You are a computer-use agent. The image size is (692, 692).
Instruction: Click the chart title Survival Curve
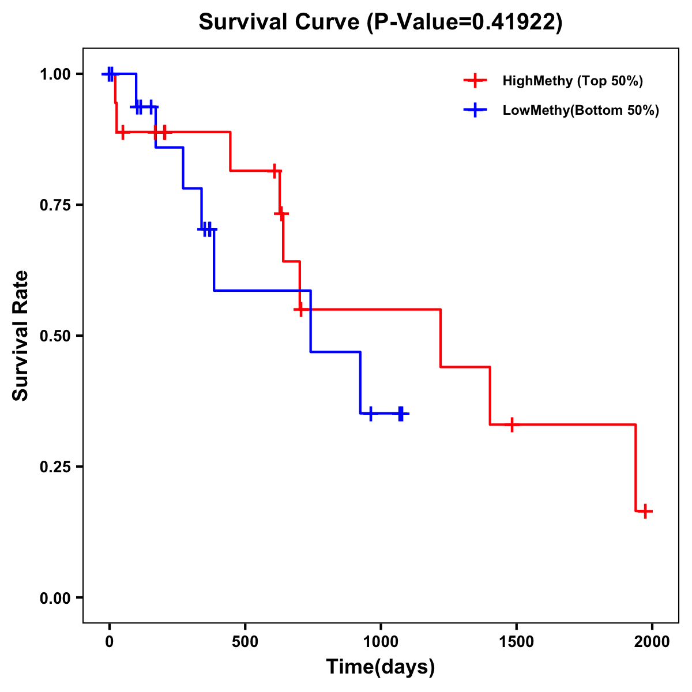coord(381,22)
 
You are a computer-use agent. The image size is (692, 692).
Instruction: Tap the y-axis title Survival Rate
coord(21,336)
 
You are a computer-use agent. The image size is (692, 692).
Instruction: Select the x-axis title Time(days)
coord(381,667)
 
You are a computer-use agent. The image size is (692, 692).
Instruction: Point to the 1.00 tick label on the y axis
coord(54,74)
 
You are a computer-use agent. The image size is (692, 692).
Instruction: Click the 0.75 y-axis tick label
coord(54,205)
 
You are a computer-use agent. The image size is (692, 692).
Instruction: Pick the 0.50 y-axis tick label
coord(54,336)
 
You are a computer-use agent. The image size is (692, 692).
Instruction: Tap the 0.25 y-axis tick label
coord(54,467)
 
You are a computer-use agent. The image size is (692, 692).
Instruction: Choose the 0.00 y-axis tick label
coord(54,598)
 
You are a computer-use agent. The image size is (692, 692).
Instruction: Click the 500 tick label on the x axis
coord(245,641)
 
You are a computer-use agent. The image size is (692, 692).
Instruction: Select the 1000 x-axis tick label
coord(381,641)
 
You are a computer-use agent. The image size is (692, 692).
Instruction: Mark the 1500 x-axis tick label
coord(516,641)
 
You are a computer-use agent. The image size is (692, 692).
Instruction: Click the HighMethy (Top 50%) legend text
coord(573,81)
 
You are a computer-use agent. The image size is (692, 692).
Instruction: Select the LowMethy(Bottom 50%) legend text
coord(581,110)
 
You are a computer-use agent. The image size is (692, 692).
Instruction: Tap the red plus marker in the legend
coord(475,81)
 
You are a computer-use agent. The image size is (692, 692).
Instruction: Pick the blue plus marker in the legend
coord(475,110)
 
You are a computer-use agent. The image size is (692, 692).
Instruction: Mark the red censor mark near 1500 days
coord(512,424)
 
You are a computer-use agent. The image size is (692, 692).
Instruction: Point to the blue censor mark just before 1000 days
coord(370,413)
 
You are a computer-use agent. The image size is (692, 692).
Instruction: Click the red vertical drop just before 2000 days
coord(635,468)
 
